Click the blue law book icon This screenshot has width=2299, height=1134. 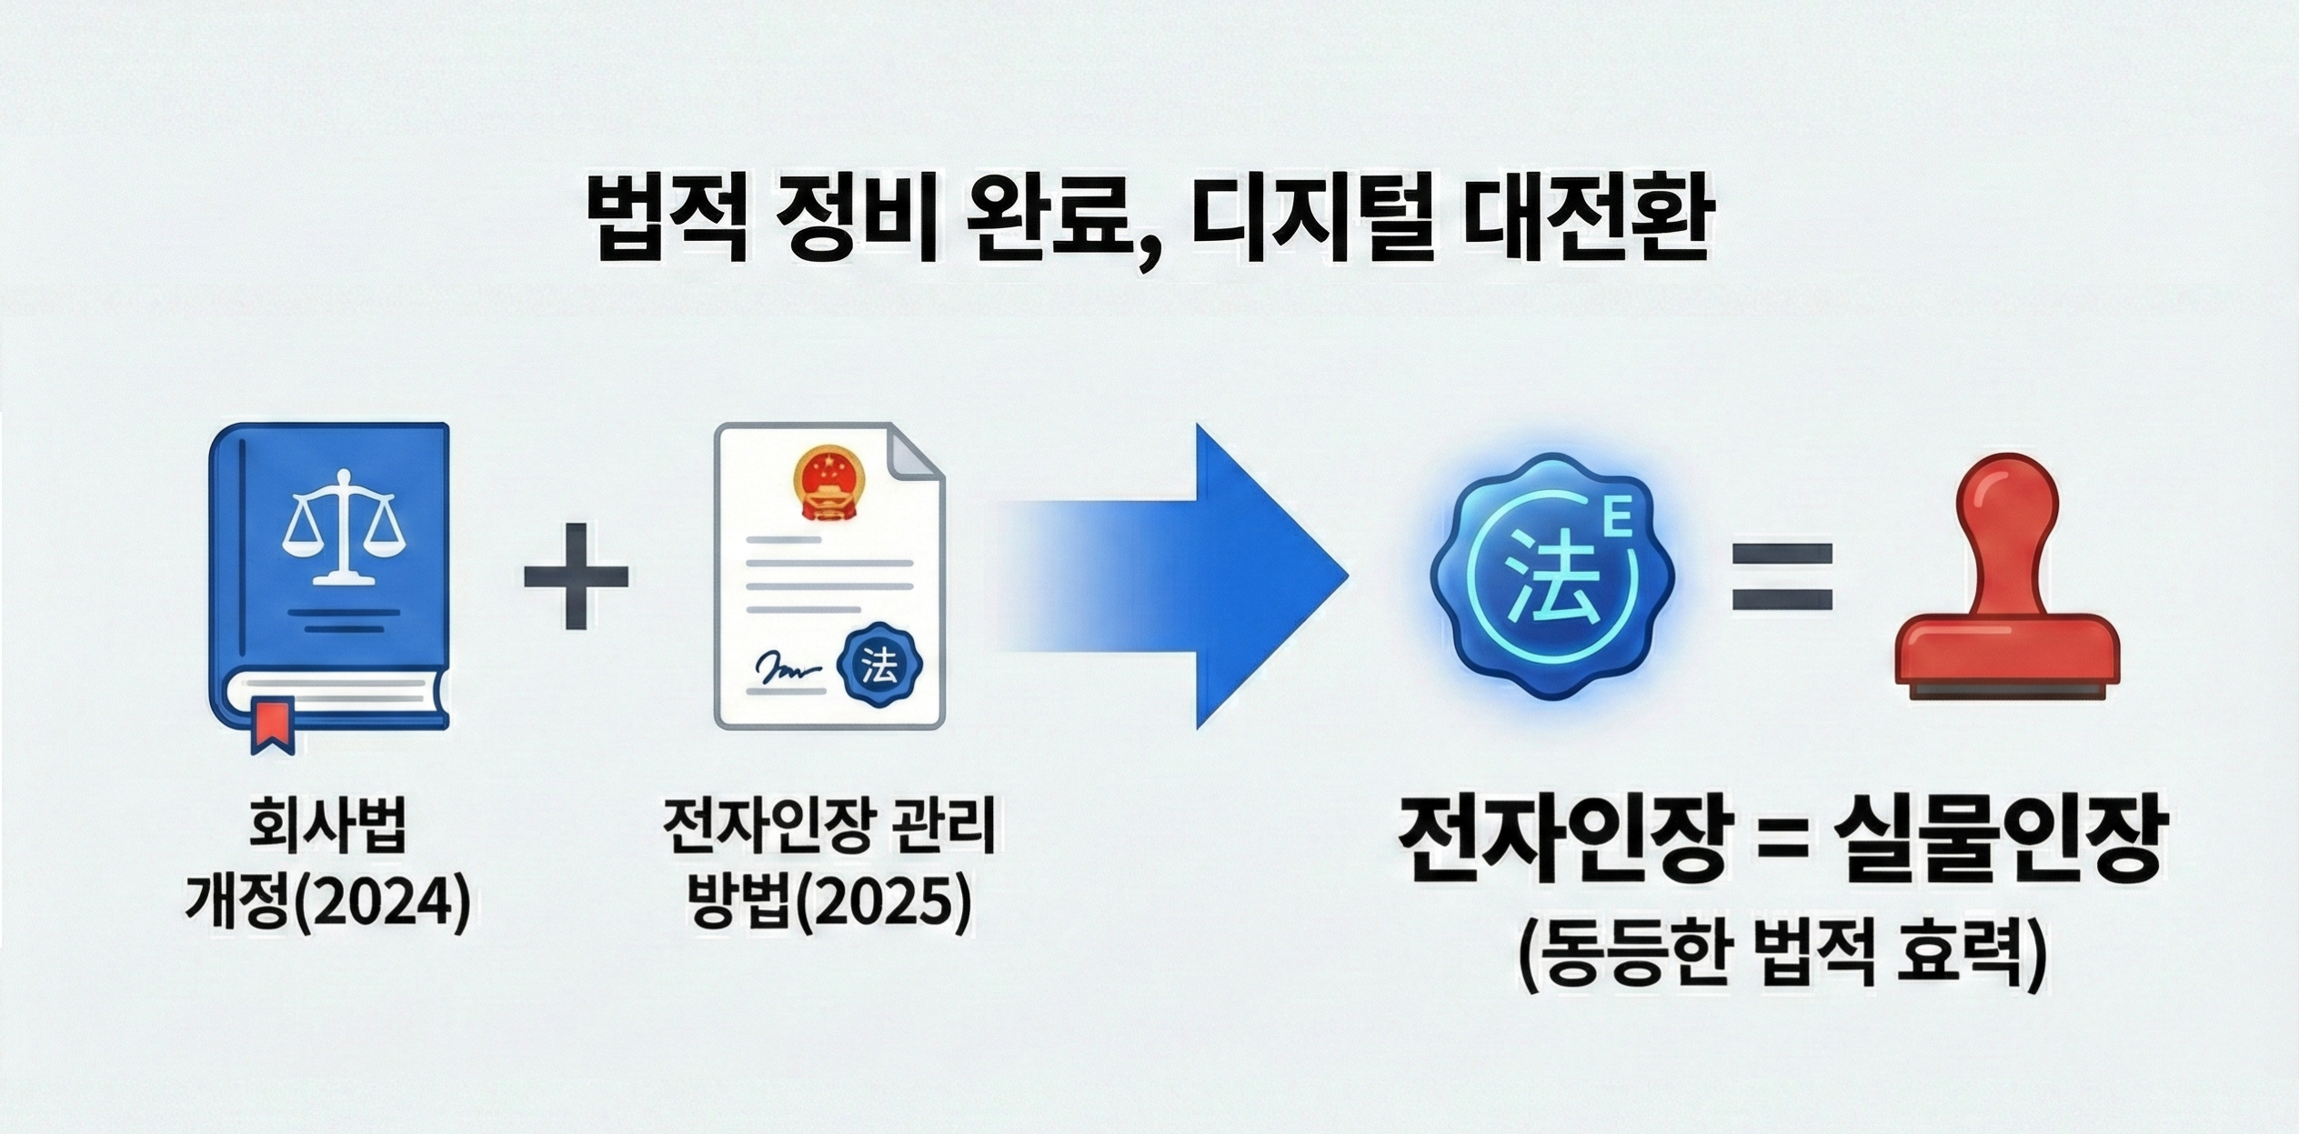pos(329,582)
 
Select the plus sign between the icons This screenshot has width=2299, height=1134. pos(576,576)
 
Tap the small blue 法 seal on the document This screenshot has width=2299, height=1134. pos(878,667)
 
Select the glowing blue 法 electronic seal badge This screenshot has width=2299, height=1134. pos(1552,578)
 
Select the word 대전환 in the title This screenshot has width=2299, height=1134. pos(1581,222)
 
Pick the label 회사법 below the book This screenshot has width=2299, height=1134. pos(328,830)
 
